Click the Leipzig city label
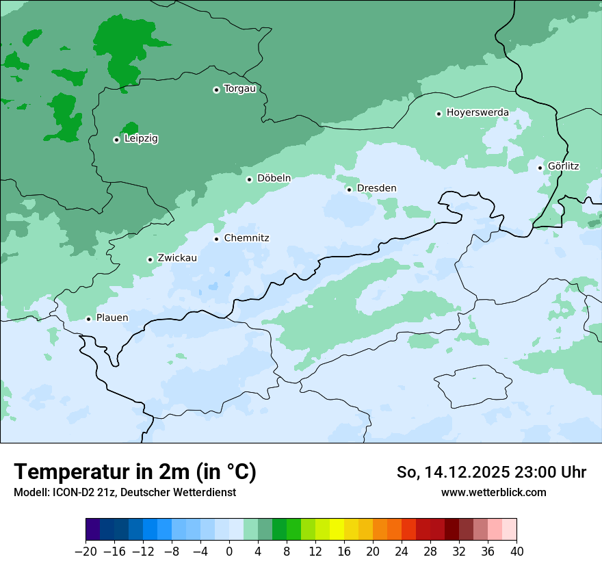point(141,138)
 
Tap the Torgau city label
point(239,88)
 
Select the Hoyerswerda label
point(477,112)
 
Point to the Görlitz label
point(564,166)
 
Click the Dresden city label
point(376,188)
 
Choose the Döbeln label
point(274,178)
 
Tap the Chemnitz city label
point(246,238)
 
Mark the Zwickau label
point(177,258)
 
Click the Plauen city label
point(112,318)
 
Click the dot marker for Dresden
point(349,190)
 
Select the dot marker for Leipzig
point(116,140)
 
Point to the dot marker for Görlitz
point(540,168)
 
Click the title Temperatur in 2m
point(135,472)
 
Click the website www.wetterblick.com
point(493,492)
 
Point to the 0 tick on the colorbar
point(229,552)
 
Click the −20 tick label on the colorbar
point(86,552)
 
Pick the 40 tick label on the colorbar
point(516,552)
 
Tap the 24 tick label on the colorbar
point(402,552)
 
